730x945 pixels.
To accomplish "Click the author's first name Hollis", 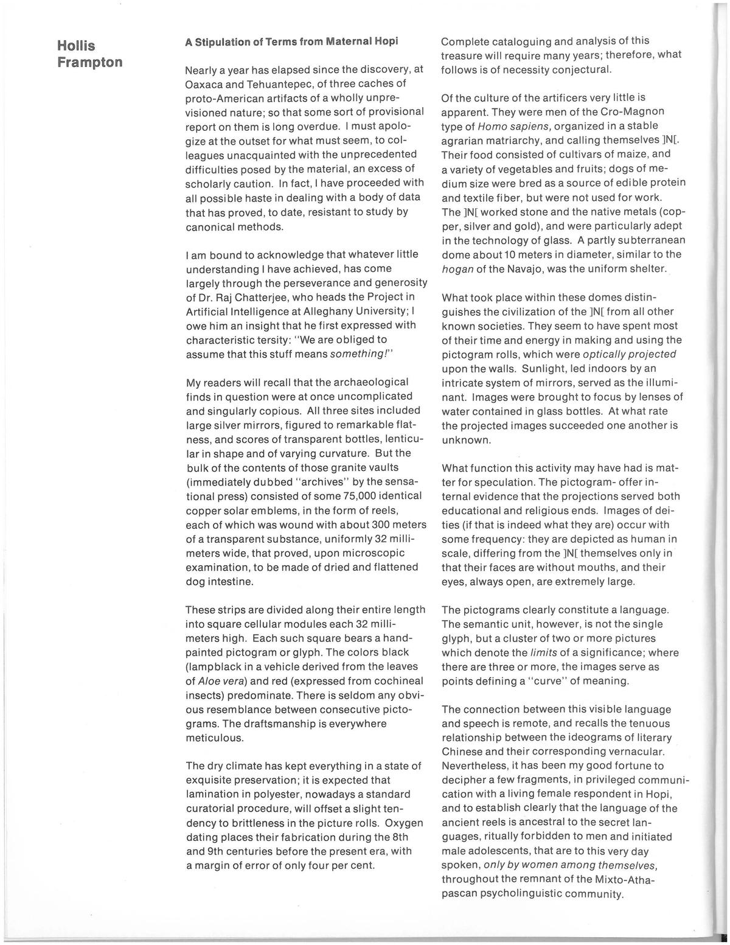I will pos(75,46).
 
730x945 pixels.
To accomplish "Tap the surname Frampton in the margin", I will pos(89,62).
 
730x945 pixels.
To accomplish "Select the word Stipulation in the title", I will pos(225,43).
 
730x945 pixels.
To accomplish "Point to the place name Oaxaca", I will pos(205,83).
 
